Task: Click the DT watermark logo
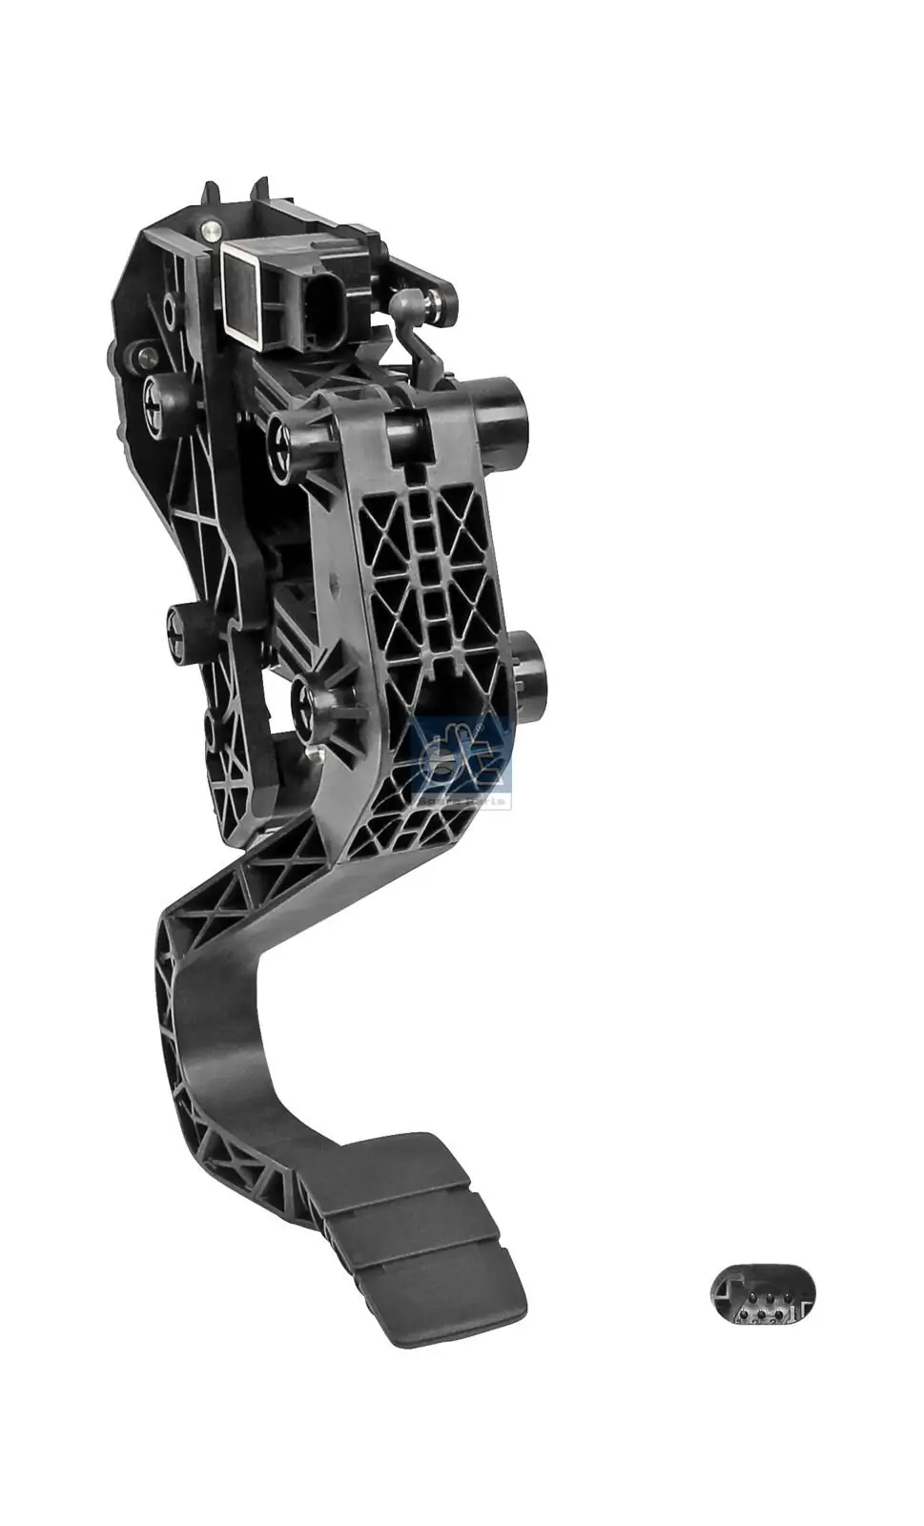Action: (x=462, y=758)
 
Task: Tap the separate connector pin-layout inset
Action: (x=762, y=1294)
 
